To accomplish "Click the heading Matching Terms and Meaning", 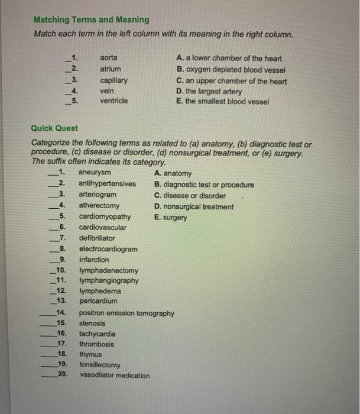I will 91,20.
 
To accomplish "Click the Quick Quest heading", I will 54,128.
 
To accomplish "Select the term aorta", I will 109,58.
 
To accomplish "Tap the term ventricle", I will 113,101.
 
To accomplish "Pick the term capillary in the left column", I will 113,80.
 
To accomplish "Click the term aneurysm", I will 95,173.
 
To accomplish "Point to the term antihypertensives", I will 107,184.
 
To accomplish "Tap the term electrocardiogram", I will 108,249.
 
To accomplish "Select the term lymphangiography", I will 109,280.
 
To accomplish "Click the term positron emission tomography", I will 127,313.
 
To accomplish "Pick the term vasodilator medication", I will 115,376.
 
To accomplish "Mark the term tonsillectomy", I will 100,365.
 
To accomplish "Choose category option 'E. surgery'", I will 170,217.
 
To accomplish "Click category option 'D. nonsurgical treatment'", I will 193,206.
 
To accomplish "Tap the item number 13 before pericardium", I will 61,300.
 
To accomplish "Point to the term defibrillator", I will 97,238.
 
